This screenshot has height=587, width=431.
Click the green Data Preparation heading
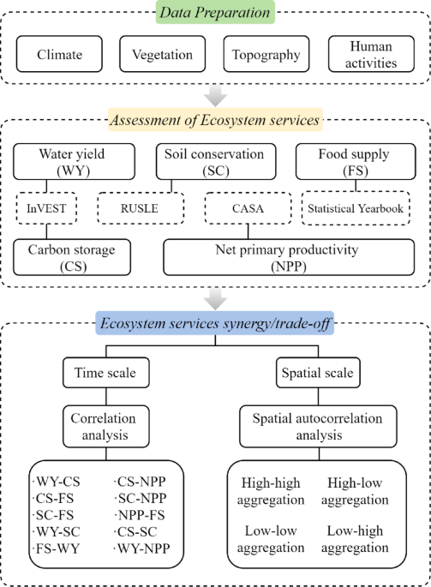coord(215,12)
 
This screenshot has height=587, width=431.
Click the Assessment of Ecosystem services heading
coord(215,119)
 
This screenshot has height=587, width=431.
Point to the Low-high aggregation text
coord(370,539)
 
